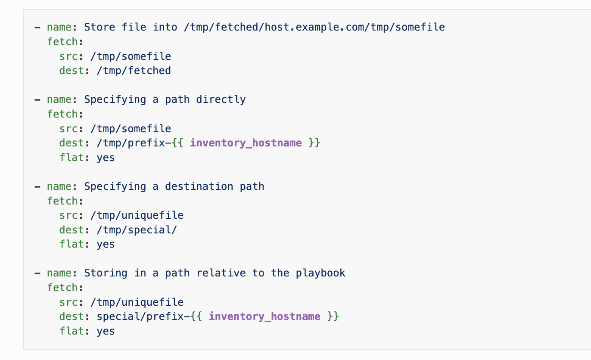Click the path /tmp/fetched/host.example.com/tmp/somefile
click(x=314, y=27)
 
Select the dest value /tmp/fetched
click(x=134, y=71)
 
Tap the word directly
click(x=221, y=99)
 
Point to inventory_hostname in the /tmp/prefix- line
click(x=246, y=143)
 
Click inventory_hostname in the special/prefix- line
click(x=264, y=317)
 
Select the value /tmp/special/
click(x=137, y=230)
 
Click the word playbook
click(x=320, y=273)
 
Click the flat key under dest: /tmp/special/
click(x=72, y=244)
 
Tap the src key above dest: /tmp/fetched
click(x=68, y=56)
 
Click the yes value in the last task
click(x=106, y=331)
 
